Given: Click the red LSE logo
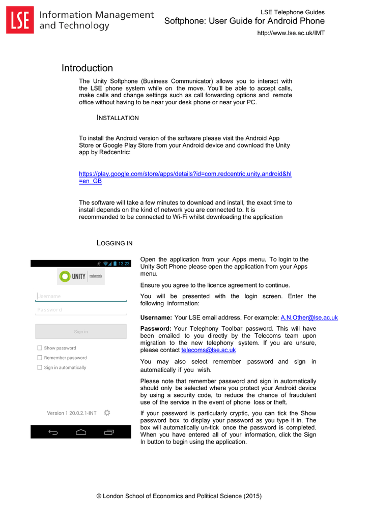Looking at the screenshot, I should click(20, 20).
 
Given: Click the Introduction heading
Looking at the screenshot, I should click(87, 68).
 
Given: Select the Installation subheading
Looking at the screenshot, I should click(118, 118).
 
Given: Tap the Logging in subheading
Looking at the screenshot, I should click(115, 243).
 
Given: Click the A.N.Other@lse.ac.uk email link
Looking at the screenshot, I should click(309, 317).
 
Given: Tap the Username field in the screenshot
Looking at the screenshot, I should click(80, 296).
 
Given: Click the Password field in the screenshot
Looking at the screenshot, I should click(80, 310).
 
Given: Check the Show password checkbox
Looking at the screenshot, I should click(40, 348).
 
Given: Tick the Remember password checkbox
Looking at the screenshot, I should click(40, 358).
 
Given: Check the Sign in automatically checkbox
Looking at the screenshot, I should click(40, 367).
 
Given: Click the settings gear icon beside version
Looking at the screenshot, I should click(107, 413).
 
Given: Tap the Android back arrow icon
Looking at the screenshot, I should click(53, 432).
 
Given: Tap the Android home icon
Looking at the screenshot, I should click(80, 432).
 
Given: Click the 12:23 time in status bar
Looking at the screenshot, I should click(124, 264).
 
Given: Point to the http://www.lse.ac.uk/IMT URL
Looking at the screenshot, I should click(291, 33).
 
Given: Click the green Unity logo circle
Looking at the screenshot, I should click(65, 276).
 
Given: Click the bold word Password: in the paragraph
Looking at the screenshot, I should click(156, 329).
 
